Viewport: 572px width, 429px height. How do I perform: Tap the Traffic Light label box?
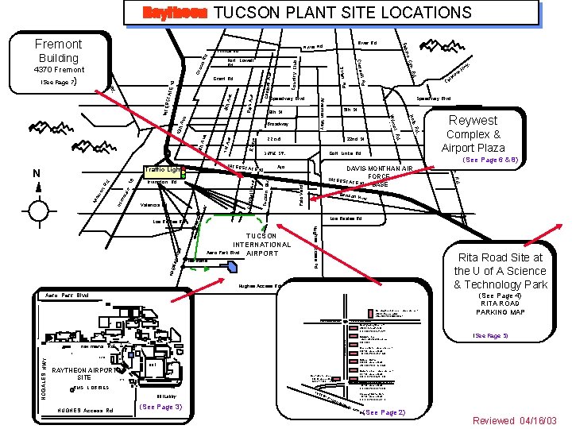pos(162,170)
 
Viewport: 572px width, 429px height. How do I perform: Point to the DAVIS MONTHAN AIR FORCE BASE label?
pos(379,176)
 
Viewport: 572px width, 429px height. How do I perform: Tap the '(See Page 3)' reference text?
pos(160,407)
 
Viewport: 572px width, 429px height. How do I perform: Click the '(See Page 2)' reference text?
pos(384,412)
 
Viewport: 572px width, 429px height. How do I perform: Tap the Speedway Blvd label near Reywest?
pos(434,99)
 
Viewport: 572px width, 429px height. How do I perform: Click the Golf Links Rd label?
pos(346,153)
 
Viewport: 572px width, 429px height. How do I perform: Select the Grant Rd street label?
pos(223,79)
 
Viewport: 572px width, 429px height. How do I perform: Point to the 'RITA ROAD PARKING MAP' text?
pos(500,307)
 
